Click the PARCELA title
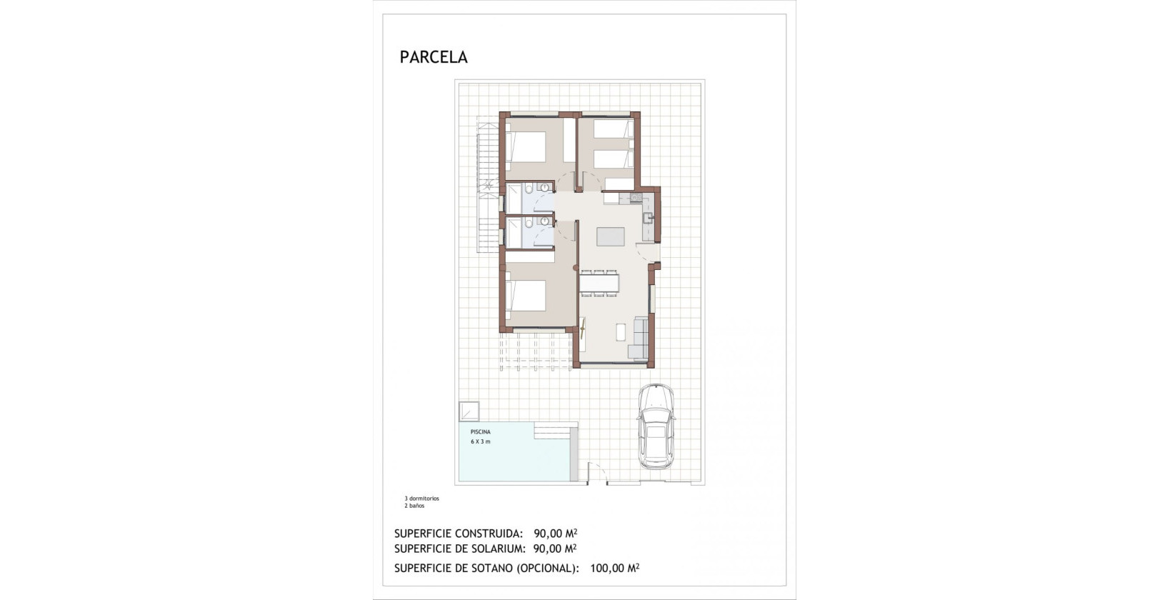434,57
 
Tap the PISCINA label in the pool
480,432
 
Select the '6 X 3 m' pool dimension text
480,441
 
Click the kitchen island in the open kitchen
610,236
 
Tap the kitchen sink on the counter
648,219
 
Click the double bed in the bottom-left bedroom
527,296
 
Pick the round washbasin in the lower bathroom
545,223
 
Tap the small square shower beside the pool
469,411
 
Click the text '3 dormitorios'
421,499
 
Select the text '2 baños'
414,506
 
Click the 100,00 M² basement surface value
614,569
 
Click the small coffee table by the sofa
620,332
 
